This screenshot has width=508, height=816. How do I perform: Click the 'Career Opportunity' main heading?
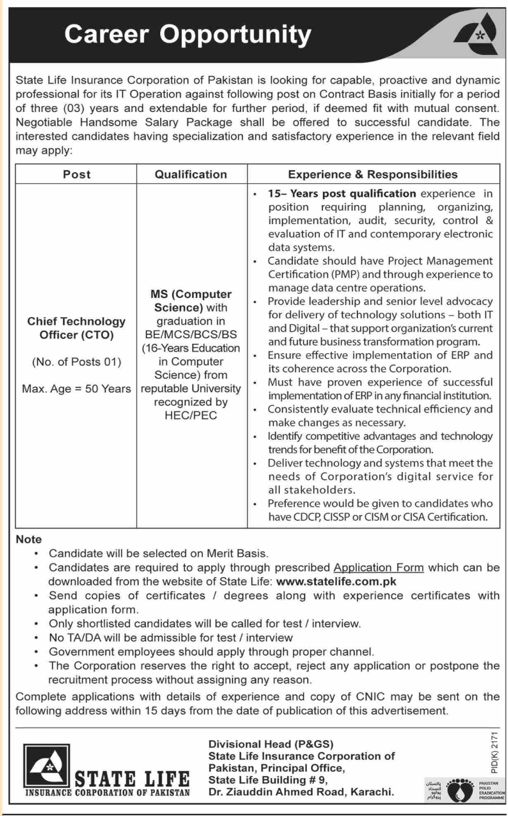pos(188,34)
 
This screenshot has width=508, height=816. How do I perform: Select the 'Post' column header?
pos(76,175)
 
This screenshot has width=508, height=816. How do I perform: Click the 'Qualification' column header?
pos(191,175)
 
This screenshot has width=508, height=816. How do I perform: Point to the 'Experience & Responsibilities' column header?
pos(373,175)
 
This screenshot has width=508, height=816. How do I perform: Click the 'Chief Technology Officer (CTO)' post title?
pos(76,328)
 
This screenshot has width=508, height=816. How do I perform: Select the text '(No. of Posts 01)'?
pos(76,362)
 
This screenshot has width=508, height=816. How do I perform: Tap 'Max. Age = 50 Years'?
pos(76,389)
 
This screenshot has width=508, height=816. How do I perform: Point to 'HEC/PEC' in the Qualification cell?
pos(191,415)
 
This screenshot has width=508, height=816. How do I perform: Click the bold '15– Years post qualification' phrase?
pos(342,193)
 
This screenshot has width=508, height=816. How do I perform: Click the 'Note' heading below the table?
pos(28,540)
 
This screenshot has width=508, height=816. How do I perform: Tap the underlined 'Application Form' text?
pos(378,568)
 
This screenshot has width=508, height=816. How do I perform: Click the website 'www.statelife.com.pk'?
pos(336,582)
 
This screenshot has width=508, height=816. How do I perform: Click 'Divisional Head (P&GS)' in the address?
pos(271,744)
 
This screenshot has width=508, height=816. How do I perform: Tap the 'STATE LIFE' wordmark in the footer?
pos(132,779)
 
